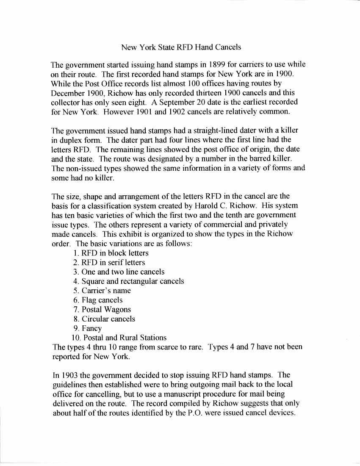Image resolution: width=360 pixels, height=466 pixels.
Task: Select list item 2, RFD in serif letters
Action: coord(109,262)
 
